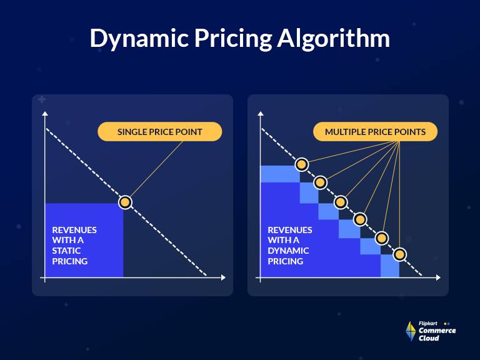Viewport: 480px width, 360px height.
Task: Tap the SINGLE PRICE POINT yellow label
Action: [x=161, y=132]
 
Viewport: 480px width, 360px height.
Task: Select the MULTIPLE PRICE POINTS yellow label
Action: [x=375, y=132]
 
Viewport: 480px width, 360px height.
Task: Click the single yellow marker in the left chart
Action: [x=125, y=202]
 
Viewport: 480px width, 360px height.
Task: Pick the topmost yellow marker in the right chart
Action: [x=301, y=164]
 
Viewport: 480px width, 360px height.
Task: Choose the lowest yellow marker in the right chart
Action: [x=400, y=254]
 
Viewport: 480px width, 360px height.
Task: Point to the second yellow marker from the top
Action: [x=321, y=182]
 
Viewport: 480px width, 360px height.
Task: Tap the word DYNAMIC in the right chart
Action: [x=288, y=251]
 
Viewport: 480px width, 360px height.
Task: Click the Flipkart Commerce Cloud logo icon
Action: [x=411, y=331]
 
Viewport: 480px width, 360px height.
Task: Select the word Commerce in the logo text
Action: [x=437, y=331]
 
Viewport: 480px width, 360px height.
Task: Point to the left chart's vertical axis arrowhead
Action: [x=45, y=114]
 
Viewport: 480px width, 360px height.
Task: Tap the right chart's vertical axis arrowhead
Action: [x=261, y=114]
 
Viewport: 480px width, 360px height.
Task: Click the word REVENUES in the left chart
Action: [x=74, y=229]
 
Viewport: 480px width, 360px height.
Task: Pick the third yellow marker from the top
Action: [x=341, y=202]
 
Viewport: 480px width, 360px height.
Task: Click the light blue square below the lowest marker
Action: [x=390, y=269]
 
